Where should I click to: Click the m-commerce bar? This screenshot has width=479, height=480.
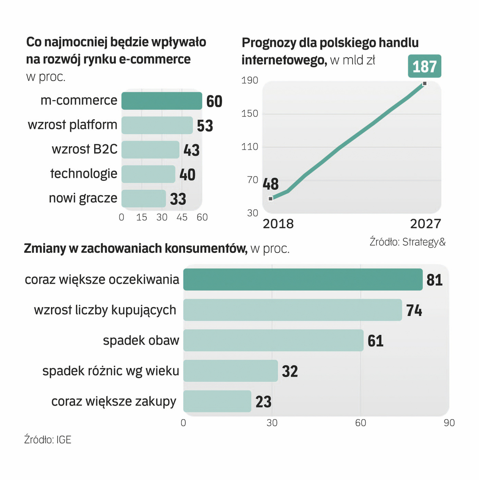point(162,101)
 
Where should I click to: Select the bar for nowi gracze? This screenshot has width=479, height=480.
point(143,198)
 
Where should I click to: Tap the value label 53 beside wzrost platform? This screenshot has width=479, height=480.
point(205,126)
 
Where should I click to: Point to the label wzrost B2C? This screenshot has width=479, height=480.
point(84,149)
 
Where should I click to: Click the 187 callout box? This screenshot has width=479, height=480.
point(424,67)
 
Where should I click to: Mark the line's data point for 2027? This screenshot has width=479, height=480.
point(425,84)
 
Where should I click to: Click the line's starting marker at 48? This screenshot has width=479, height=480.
point(271,198)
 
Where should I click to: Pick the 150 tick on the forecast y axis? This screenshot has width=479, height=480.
point(249,114)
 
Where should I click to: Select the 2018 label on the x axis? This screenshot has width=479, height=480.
point(278,223)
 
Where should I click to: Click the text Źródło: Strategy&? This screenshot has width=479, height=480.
point(407,242)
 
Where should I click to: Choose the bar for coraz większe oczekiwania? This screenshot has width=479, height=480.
point(303,280)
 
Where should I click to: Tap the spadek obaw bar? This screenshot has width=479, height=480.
point(273,340)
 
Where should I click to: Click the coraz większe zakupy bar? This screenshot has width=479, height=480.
point(217,401)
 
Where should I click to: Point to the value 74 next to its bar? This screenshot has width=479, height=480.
point(414,310)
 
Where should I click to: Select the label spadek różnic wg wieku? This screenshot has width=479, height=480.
point(111,371)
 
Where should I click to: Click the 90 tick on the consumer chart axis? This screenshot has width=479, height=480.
point(449,423)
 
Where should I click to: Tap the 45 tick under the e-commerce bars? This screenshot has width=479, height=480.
point(182,217)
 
